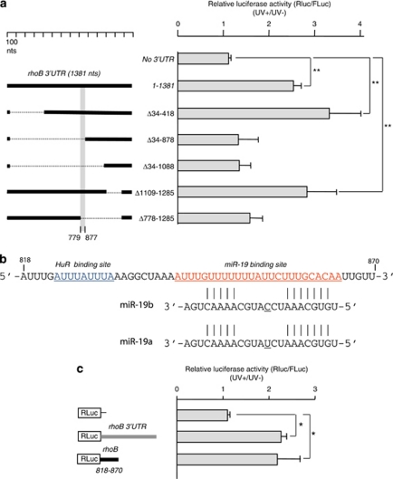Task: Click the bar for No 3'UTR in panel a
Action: [203, 59]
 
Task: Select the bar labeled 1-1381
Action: [235, 85]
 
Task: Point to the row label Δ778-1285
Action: [149, 218]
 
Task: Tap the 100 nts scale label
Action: [13, 46]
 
